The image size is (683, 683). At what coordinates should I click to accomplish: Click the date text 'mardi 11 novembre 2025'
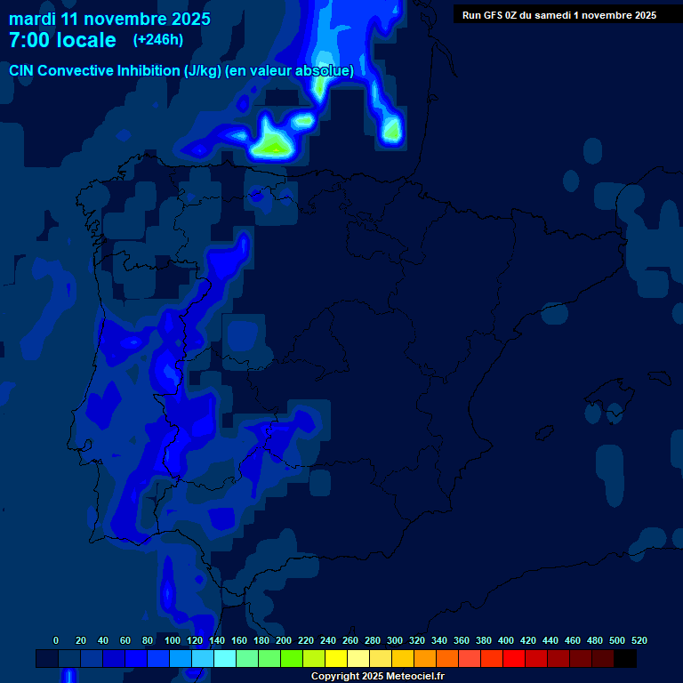click(x=109, y=19)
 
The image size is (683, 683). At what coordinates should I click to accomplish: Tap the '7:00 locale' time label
click(x=62, y=40)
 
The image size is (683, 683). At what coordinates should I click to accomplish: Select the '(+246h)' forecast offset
click(x=157, y=39)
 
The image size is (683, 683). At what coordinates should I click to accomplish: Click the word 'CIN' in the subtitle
click(x=21, y=70)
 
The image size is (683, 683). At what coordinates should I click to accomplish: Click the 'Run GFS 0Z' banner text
click(x=491, y=15)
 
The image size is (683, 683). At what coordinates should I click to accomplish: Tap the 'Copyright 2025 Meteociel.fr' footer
click(x=377, y=677)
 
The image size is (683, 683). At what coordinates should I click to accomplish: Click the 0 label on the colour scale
click(x=56, y=640)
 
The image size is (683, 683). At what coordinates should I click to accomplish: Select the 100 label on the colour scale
click(x=173, y=640)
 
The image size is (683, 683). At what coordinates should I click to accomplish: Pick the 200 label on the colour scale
click(x=284, y=640)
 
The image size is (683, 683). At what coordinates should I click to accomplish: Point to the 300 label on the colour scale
click(x=395, y=640)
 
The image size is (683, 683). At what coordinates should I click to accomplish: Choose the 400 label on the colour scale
click(x=506, y=640)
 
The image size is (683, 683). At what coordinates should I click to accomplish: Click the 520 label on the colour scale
click(x=639, y=640)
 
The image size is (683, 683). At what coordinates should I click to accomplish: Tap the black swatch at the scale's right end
click(x=624, y=659)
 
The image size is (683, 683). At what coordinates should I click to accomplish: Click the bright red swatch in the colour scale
click(x=513, y=659)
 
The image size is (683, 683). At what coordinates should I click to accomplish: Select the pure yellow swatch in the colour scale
click(x=335, y=659)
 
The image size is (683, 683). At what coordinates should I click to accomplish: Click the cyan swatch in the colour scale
click(x=224, y=659)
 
